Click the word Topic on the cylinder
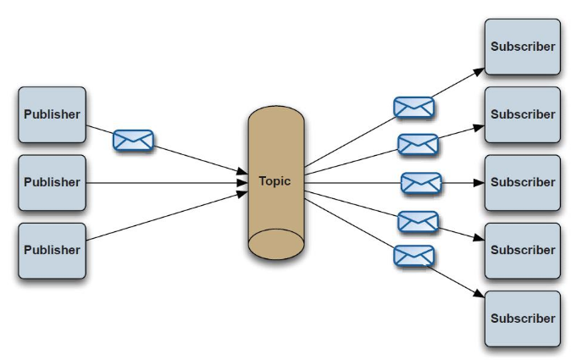[x=275, y=181]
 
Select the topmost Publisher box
[x=52, y=114]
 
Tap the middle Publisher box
[x=52, y=182]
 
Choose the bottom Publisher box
[x=52, y=251]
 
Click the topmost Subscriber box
[x=523, y=47]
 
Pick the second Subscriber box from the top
[x=523, y=114]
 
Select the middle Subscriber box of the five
[x=523, y=182]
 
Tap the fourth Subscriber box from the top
[x=523, y=251]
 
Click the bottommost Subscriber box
[x=523, y=318]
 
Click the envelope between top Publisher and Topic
[x=133, y=140]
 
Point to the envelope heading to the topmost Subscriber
[x=414, y=108]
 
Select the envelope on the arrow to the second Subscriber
[x=418, y=144]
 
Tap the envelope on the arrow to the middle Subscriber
[x=421, y=182]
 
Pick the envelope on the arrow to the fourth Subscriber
[x=418, y=221]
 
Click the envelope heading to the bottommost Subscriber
[x=413, y=255]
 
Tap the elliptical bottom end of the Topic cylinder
[x=275, y=243]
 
